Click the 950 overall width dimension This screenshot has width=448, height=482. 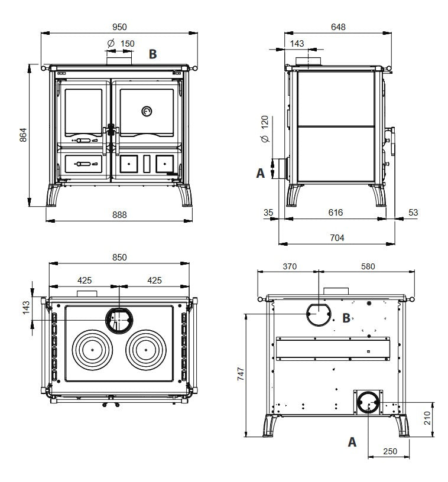tap(119, 27)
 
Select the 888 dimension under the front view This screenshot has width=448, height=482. tap(119, 214)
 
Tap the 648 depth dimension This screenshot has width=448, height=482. tap(338, 27)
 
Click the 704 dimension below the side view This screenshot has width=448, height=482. tap(336, 237)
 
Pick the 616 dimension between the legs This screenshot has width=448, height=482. tap(336, 212)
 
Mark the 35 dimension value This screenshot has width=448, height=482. tap(269, 212)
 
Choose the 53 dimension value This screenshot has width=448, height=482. tap(413, 212)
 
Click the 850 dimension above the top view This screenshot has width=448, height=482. tap(119, 258)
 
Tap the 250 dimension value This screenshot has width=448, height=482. tap(389, 451)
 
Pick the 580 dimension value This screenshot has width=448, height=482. tap(367, 266)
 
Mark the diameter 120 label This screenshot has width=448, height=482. tap(264, 128)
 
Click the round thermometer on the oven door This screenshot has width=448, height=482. tap(147, 110)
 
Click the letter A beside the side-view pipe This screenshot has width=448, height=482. tap(260, 173)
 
